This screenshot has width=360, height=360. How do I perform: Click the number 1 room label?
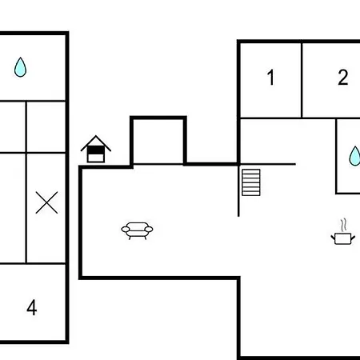(x=271, y=78)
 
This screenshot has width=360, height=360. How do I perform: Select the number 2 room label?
(x=343, y=78)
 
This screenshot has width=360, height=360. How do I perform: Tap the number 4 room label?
(x=32, y=307)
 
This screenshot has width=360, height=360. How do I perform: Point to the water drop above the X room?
(x=20, y=67)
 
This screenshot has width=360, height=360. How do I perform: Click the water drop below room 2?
(x=354, y=156)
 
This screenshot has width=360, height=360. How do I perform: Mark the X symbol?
(x=46, y=202)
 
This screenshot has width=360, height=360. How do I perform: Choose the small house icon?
(x=96, y=149)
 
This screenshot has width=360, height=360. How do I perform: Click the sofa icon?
(x=137, y=230)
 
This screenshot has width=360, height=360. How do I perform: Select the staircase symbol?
(x=251, y=182)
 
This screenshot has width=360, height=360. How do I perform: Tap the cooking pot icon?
(x=343, y=238)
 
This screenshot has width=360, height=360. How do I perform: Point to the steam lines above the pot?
(x=344, y=225)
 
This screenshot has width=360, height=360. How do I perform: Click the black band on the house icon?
(x=96, y=150)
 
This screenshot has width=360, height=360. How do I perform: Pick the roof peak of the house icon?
(x=96, y=136)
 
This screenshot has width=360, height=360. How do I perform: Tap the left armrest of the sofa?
(x=126, y=229)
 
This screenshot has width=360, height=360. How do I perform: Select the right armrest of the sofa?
(x=149, y=229)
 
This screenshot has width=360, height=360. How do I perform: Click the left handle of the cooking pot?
(x=333, y=238)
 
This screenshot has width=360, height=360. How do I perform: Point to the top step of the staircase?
(x=251, y=171)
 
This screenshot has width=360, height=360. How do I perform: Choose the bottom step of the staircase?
(x=251, y=194)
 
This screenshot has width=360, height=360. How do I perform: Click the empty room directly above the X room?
(x=46, y=127)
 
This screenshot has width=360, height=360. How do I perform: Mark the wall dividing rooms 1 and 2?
(x=302, y=80)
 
